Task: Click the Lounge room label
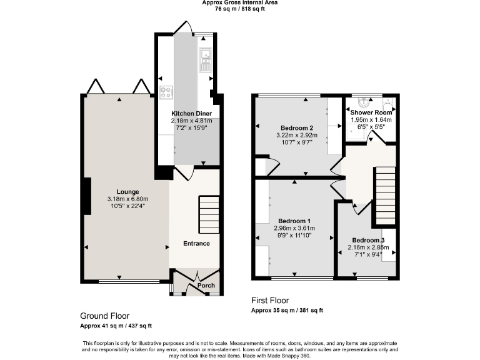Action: coord(127,191)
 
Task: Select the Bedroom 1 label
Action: coord(294,221)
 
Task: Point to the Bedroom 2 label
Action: coord(296,127)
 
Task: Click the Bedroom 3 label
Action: coord(367,240)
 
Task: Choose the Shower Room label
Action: coord(371,112)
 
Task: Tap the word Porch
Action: coord(206,286)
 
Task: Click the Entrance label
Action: coord(196,243)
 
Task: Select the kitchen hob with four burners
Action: coord(167,93)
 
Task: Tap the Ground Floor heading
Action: coord(105,316)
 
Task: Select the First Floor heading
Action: coord(270,301)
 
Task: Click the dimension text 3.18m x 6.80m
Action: coord(127,199)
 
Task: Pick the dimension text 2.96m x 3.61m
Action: coord(294,228)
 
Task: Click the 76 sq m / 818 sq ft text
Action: coord(240,9)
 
